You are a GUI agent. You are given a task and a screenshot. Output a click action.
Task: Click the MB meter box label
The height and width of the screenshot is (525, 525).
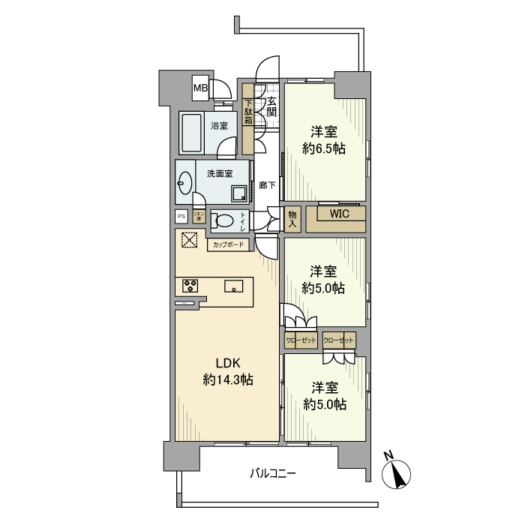199,89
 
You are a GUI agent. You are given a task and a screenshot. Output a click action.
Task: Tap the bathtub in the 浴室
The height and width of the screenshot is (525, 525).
190,133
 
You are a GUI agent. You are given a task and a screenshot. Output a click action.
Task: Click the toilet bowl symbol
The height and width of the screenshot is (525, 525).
222,221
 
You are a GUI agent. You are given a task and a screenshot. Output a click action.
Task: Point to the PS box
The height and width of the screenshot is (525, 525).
181,217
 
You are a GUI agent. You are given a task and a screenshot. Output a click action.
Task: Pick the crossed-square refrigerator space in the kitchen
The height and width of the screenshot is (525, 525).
189,241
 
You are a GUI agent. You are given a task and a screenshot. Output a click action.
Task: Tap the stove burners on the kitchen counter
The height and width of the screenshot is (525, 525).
190,286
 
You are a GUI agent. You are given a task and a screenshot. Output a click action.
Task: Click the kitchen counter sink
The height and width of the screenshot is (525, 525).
232,286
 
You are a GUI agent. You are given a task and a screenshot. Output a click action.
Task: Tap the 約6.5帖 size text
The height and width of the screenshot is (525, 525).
324,148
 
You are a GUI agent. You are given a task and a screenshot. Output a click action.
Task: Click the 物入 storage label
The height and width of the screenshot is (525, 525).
292,219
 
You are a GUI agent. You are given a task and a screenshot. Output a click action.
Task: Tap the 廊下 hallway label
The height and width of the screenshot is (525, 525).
265,184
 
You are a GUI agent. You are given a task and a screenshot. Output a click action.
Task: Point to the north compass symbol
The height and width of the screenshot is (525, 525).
396,474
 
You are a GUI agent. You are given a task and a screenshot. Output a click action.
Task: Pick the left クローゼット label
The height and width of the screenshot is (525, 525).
301,340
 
